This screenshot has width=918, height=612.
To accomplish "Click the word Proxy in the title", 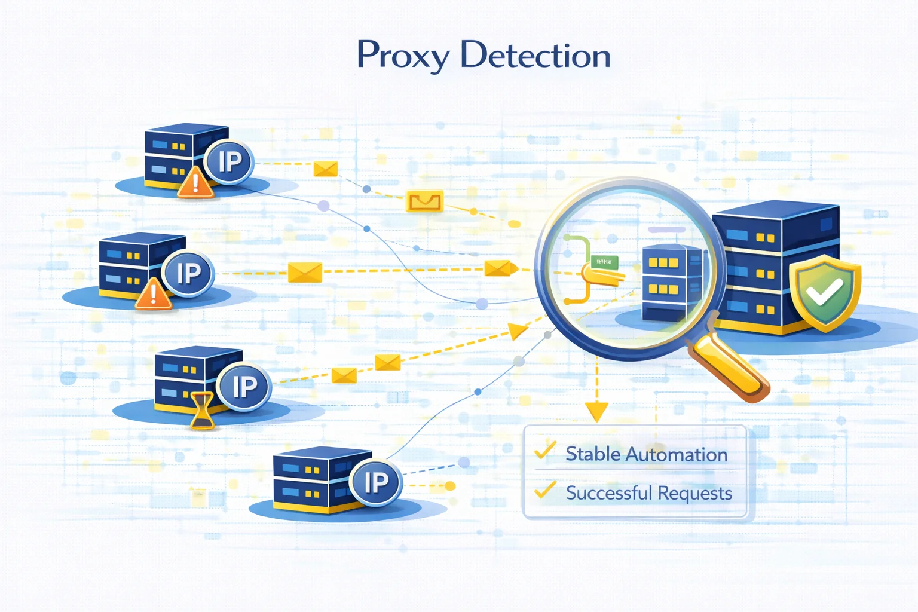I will (403, 56).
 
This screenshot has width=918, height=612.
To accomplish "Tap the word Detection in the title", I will (535, 56).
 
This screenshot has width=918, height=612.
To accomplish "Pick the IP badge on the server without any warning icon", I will (375, 482).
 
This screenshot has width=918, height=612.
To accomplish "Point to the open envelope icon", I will (424, 202).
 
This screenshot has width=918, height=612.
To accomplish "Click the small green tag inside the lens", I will (604, 262).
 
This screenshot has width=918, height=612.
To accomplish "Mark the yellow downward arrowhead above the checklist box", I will (596, 411).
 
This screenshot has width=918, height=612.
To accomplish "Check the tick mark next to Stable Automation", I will (545, 451).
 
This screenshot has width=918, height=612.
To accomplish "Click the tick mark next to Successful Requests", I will (545, 490).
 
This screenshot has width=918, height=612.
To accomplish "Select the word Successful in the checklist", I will (608, 493).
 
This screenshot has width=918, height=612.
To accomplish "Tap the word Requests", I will (694, 494).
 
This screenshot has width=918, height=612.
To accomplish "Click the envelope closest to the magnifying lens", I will (497, 268).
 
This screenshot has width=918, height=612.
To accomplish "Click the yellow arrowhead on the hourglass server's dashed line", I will (518, 330).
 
